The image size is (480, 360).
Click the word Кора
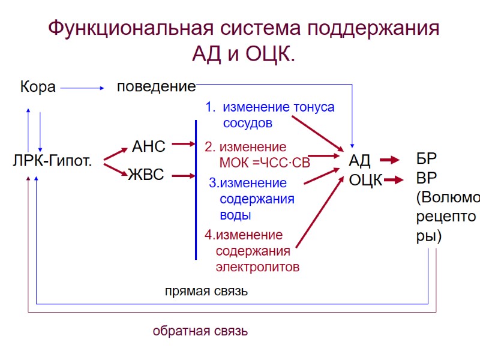38,88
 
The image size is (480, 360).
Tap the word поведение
156,86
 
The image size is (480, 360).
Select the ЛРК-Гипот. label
52,161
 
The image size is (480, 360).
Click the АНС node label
148,146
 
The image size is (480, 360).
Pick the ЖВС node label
146,176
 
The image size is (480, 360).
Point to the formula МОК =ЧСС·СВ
265,162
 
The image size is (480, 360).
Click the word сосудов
248,123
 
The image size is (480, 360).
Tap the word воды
235,214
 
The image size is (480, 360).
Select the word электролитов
257,267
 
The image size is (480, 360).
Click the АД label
360,161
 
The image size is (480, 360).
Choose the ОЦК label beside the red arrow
365,179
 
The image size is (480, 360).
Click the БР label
427,160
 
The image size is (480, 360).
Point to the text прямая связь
206,292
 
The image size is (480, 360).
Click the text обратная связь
200,331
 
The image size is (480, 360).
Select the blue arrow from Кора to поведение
82,88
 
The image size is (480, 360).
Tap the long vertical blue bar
196,189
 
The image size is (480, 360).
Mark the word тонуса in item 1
313,107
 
